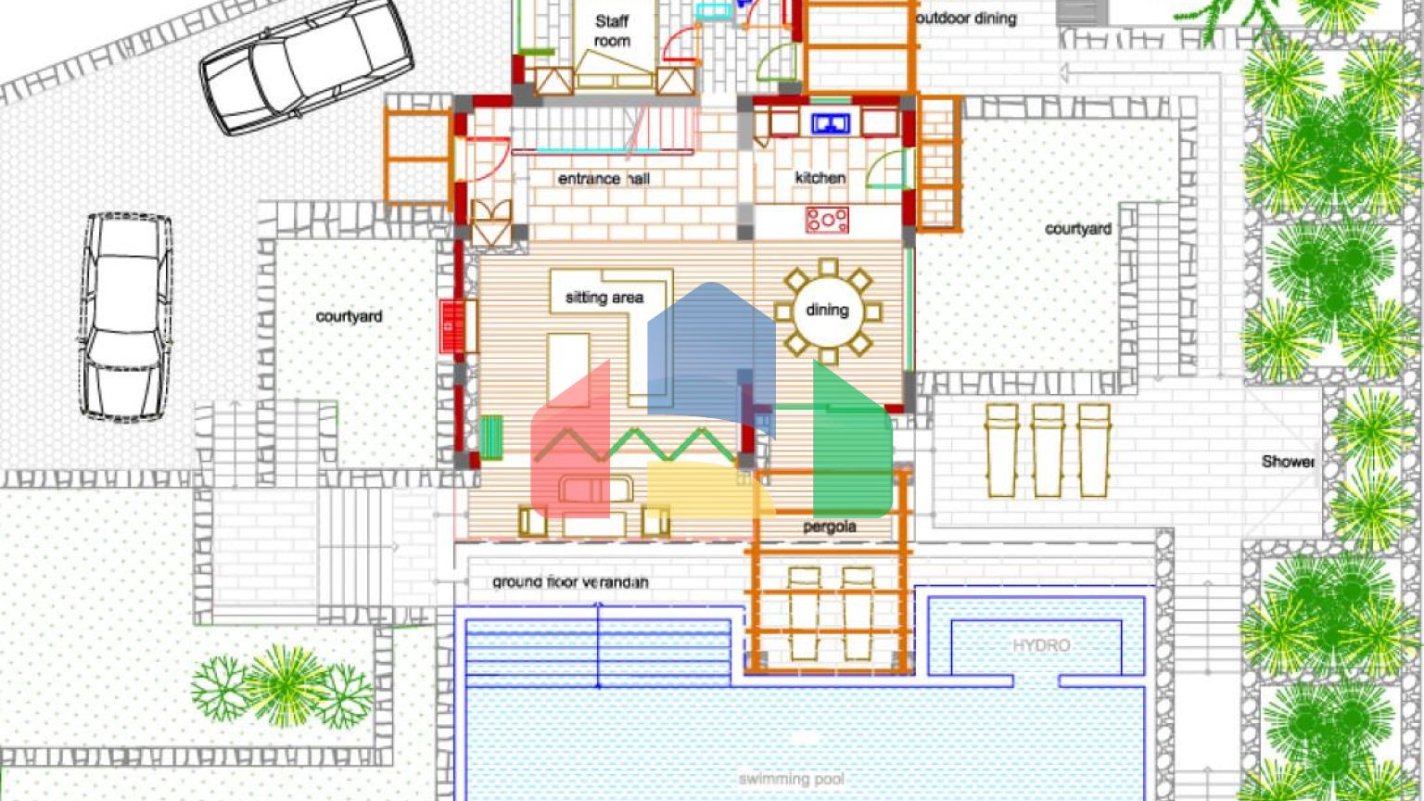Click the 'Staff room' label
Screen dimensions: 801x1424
coord(612,31)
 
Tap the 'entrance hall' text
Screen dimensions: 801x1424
coord(604,178)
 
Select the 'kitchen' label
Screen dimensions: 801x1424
coord(820,177)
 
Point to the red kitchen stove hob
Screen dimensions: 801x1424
coord(827,220)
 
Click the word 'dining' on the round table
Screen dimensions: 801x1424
coord(827,310)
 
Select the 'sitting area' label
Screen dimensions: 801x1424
coord(604,298)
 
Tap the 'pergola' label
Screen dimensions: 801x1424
coord(830,527)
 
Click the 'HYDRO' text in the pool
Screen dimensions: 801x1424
coord(1041,645)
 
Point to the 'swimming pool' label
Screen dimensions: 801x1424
coord(791,779)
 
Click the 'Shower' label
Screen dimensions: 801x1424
coord(1288,461)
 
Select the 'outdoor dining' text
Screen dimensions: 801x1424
coord(966,18)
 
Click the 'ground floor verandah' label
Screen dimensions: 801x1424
coord(570,582)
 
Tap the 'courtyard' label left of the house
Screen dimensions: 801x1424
coord(349,316)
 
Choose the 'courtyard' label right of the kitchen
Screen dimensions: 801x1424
coord(1078,228)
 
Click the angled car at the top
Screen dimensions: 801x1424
coord(307,65)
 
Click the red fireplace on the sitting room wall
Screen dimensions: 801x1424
coord(451,325)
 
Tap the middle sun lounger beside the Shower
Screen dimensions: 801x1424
coord(1048,450)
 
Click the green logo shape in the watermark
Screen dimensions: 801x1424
coord(851,445)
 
